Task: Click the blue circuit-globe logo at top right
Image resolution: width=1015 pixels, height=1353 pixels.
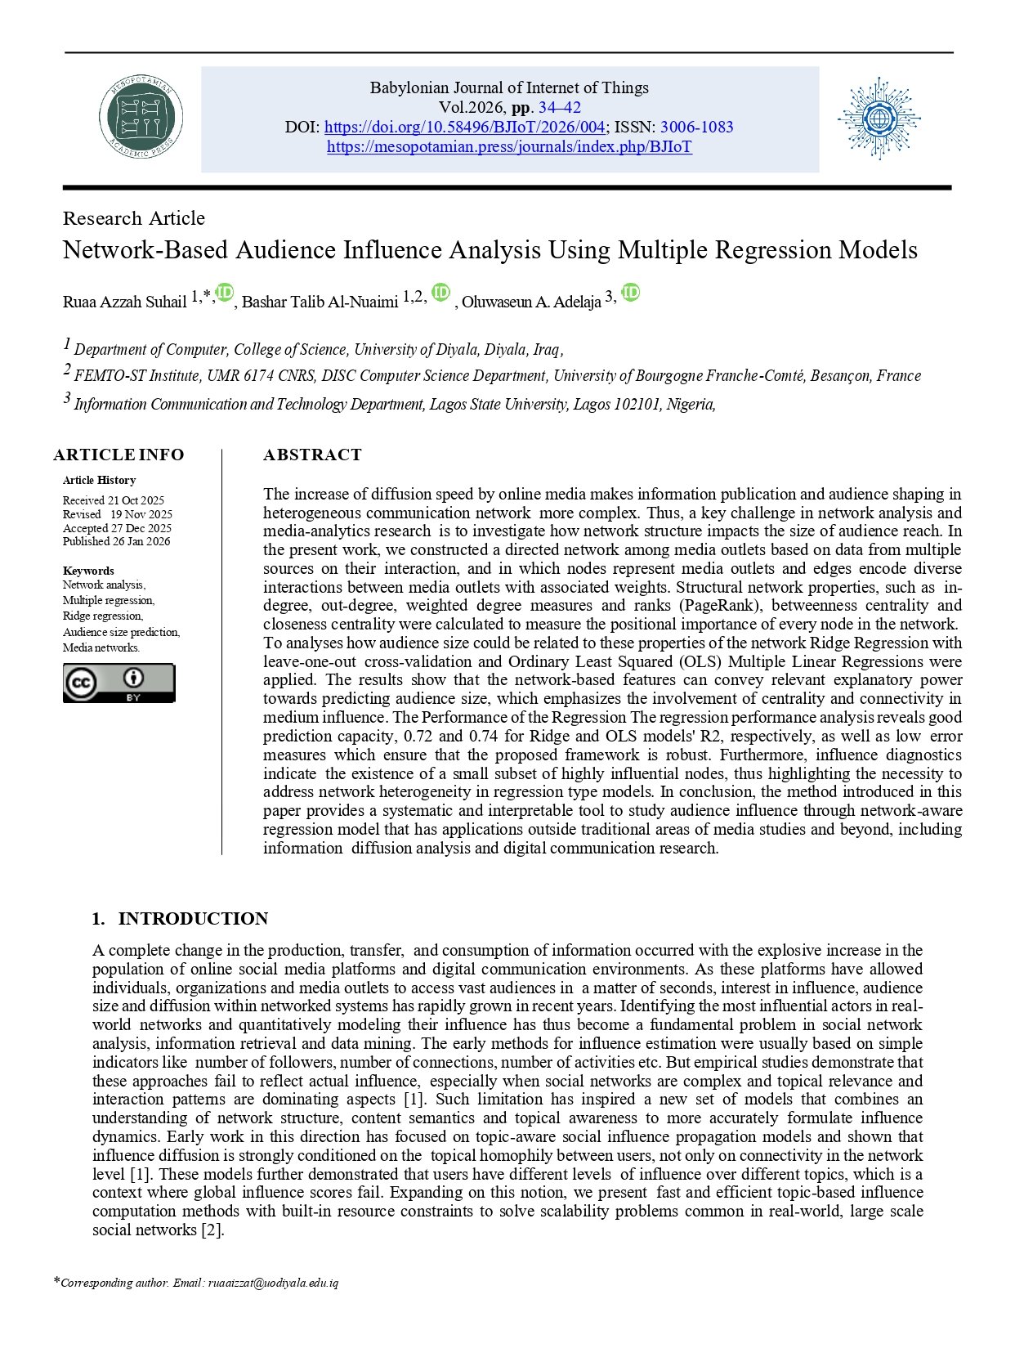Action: point(879,119)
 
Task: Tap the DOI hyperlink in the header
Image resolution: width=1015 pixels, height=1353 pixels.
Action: point(465,128)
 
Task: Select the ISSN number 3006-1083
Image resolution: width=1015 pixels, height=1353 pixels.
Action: point(696,128)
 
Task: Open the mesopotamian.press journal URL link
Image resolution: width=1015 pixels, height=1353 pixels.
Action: point(509,147)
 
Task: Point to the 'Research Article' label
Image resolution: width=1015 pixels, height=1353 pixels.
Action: point(134,218)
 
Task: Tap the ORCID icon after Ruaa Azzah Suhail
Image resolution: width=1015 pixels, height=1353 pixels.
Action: point(225,293)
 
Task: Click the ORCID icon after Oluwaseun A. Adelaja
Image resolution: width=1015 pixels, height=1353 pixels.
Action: point(631,293)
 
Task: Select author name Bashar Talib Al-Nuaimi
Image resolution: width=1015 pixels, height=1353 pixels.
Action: point(320,302)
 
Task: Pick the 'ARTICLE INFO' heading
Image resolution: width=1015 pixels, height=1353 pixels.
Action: point(118,455)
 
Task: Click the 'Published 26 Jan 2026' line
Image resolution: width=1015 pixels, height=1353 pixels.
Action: point(117,541)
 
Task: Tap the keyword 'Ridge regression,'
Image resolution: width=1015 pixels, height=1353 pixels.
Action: point(103,616)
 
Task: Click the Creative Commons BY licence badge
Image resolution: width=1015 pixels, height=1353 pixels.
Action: point(119,683)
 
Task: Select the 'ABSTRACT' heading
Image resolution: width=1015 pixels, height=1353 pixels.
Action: point(312,455)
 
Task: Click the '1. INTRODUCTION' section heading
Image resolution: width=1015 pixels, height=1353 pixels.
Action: point(180,919)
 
